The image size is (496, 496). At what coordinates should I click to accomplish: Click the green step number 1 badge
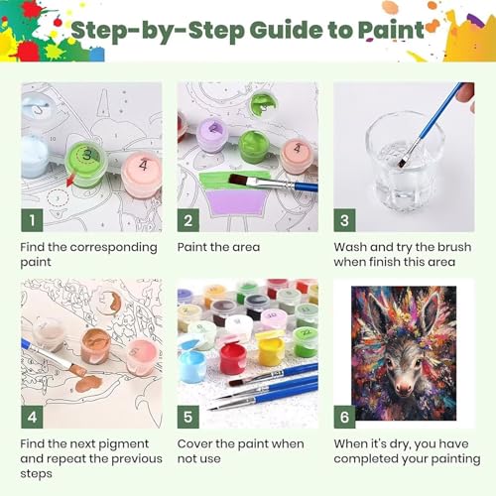click(x=32, y=220)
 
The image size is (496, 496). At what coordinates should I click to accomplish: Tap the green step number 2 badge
click(x=188, y=220)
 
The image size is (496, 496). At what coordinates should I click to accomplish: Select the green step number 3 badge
click(x=344, y=220)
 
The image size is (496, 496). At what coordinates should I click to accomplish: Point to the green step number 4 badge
click(x=32, y=417)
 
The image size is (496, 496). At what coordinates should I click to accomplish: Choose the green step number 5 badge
click(x=188, y=417)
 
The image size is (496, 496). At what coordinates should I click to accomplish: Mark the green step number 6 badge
click(x=344, y=417)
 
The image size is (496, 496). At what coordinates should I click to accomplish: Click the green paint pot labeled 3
click(x=86, y=164)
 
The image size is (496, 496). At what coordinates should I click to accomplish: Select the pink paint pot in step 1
click(x=142, y=173)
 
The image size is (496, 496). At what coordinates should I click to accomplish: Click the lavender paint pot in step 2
click(x=212, y=135)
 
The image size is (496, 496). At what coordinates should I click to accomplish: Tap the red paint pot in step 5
click(x=233, y=358)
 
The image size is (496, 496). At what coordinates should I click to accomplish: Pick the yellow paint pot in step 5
click(x=271, y=351)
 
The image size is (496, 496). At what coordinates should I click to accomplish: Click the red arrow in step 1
click(x=70, y=182)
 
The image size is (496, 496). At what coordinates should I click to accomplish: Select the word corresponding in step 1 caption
click(x=113, y=247)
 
